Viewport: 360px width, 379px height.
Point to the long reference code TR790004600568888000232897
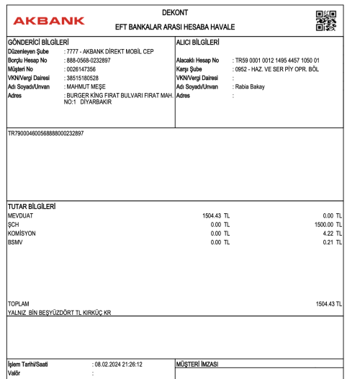click(x=45, y=134)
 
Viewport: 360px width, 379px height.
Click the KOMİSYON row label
click(x=22, y=233)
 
